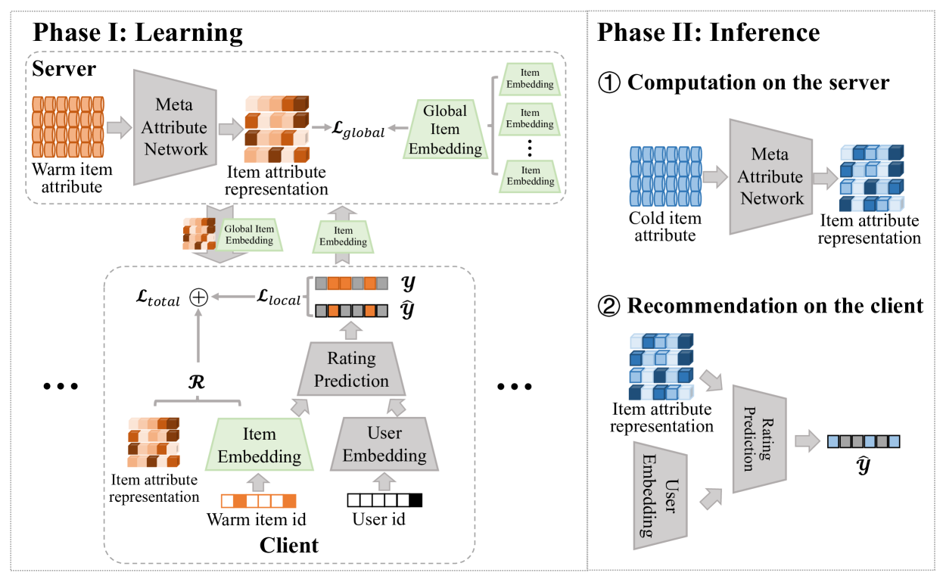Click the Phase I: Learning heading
[137, 33]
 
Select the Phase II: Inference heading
[708, 33]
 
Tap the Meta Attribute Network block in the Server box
[176, 127]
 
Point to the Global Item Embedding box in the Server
[445, 129]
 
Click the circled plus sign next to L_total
[198, 298]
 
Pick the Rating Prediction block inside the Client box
[351, 370]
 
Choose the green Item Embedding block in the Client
[260, 445]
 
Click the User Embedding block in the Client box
[384, 445]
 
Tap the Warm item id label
[257, 520]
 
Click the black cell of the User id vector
[415, 500]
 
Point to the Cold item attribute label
[665, 226]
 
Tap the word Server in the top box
[64, 69]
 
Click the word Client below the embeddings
[288, 544]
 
